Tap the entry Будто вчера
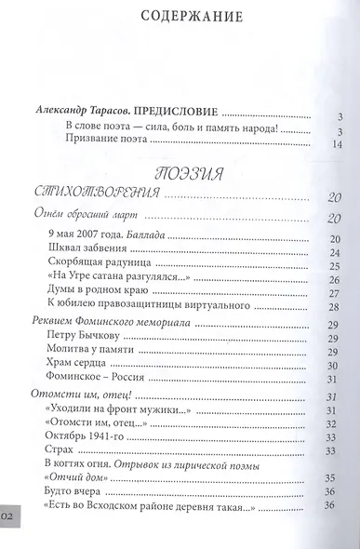tap(75, 492)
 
